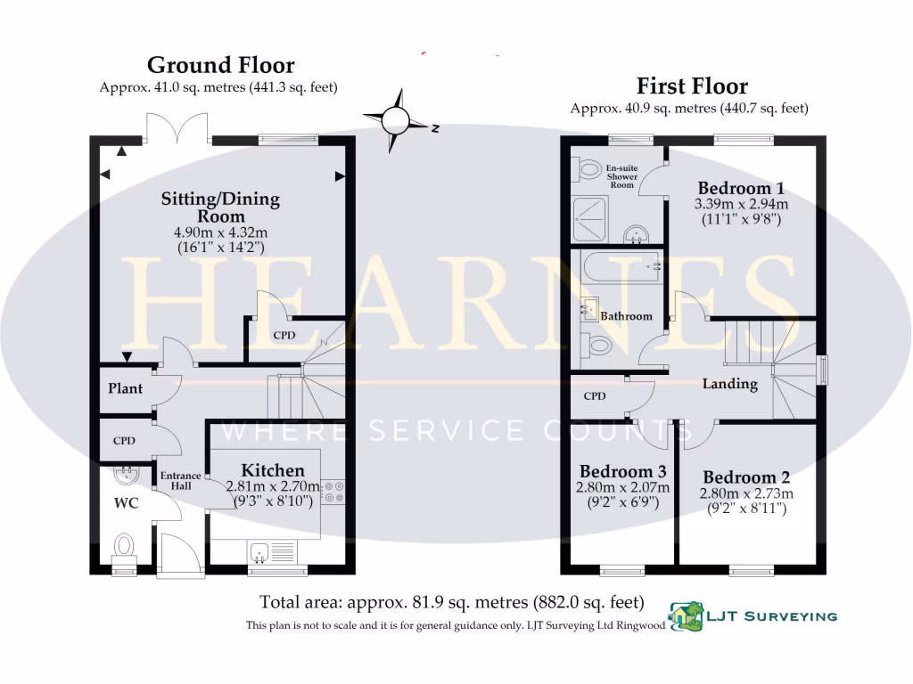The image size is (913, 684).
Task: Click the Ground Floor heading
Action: pos(220,65)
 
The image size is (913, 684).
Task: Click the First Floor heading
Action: pos(692,86)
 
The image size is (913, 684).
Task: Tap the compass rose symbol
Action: pos(396,120)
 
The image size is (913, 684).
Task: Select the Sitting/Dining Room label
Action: pos(220,207)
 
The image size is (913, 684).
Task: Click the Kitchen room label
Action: pos(273,470)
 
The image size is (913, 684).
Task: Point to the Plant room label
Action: pos(126,388)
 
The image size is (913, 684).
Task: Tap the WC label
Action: pos(126,503)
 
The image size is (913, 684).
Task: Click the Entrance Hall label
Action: pos(180,481)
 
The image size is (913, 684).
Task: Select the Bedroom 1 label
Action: pos(741,189)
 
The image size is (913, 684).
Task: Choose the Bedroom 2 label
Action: pos(746,477)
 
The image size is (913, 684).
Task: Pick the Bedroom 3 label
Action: pos(622,471)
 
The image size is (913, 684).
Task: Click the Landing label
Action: pos(730,384)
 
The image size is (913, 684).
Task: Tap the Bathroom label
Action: pos(626,316)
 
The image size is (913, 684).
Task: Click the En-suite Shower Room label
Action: pos(621,176)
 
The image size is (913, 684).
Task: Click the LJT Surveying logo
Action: pos(753,616)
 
